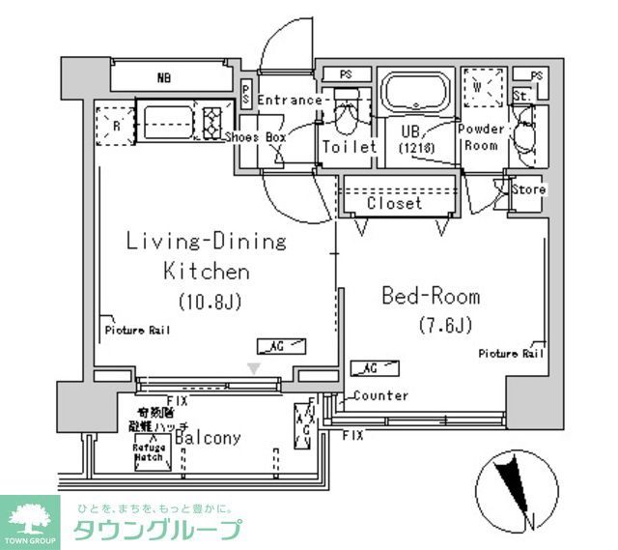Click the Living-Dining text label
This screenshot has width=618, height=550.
coord(207,242)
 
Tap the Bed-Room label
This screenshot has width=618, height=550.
coord(431,296)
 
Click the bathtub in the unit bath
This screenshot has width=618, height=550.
coord(415,95)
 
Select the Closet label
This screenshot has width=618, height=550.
coord(394,204)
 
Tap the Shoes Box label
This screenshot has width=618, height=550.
coord(255,137)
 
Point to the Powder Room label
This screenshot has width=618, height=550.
coord(482,137)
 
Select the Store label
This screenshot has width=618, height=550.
coord(528,189)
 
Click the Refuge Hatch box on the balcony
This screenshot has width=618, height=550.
coord(151,452)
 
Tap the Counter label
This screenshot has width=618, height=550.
coord(379,395)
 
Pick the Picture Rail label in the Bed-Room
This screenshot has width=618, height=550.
coord(511,354)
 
